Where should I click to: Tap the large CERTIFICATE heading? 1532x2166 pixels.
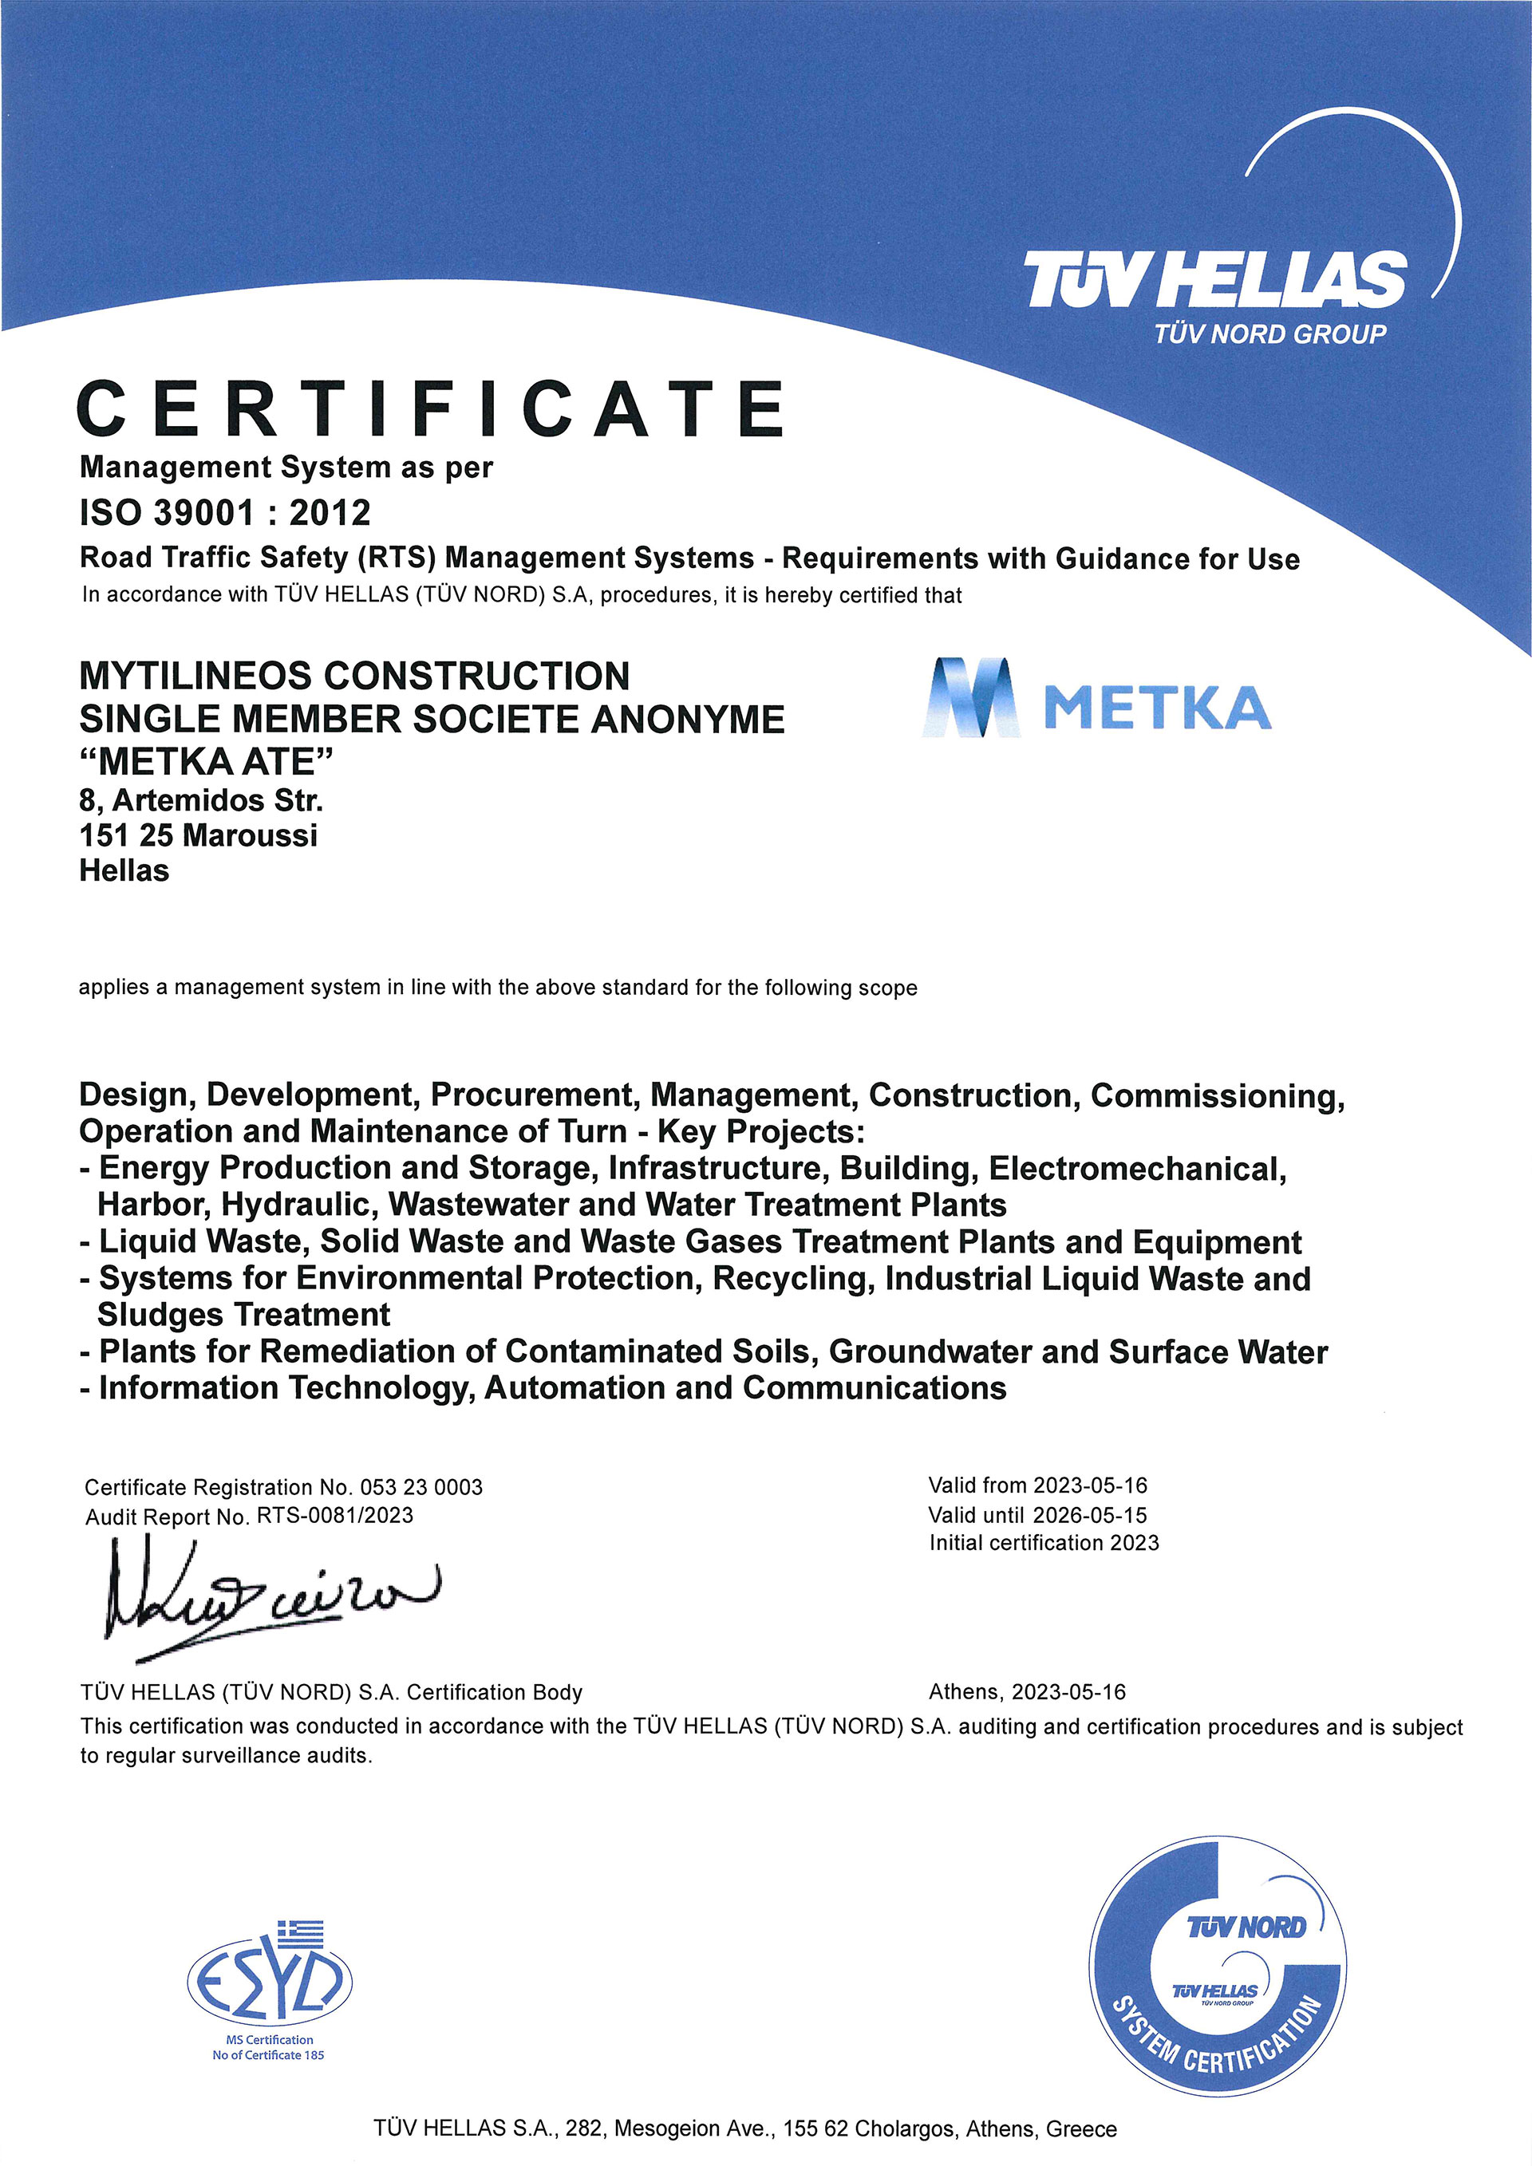430,409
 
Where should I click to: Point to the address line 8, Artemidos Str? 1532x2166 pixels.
201,801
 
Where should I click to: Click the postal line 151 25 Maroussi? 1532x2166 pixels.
198,836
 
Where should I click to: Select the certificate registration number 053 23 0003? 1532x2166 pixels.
421,1488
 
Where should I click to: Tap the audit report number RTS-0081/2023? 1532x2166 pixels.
335,1516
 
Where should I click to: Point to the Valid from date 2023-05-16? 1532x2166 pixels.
1090,1485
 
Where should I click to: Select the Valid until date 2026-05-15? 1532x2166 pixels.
1090,1515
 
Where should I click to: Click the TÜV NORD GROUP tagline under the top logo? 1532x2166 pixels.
1269,334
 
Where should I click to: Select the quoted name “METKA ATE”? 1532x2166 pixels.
206,761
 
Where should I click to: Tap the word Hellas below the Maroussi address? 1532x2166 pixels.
124,870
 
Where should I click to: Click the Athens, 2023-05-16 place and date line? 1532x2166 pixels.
1027,1692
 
